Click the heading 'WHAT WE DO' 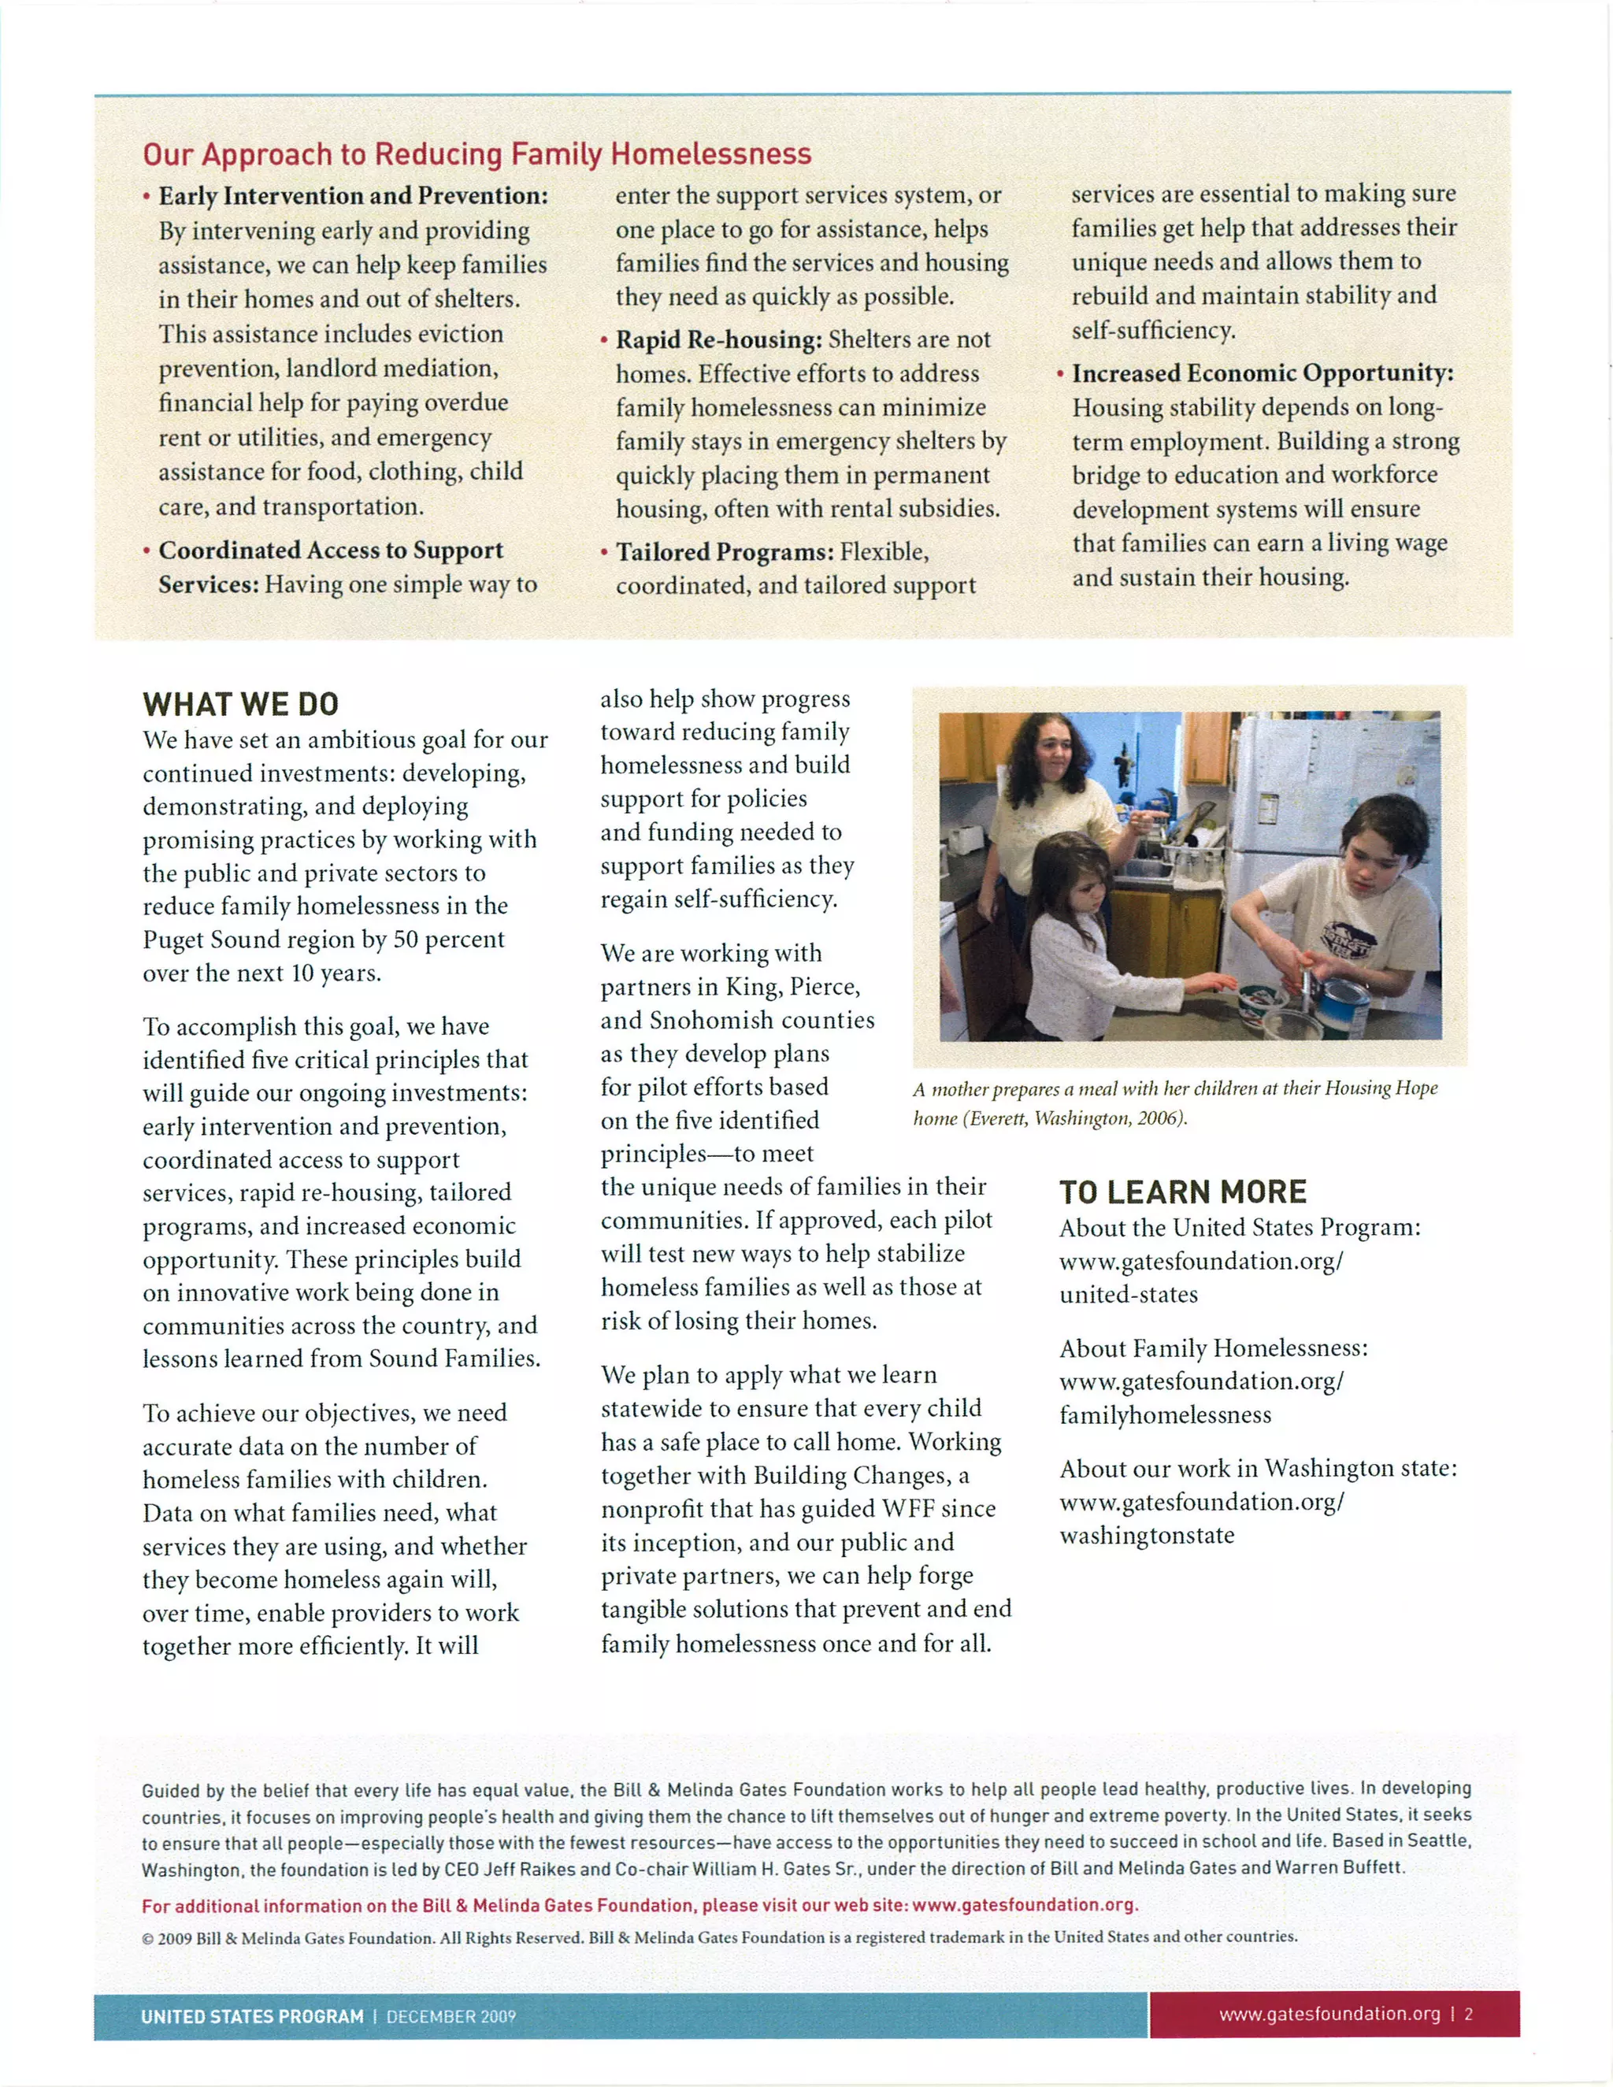coord(241,704)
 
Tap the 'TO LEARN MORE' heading coord(1182,1192)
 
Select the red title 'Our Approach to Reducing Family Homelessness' coord(476,154)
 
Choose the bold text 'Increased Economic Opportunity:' coord(1263,373)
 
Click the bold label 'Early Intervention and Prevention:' coord(354,196)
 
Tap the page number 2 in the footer coord(1469,2015)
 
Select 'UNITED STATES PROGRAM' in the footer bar coord(252,2016)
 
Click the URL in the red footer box coord(1329,2015)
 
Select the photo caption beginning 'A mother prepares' coord(1174,1103)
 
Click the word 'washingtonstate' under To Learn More coord(1147,1536)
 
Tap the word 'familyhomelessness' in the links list coord(1165,1415)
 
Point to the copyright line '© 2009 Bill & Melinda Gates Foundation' coord(720,1937)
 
